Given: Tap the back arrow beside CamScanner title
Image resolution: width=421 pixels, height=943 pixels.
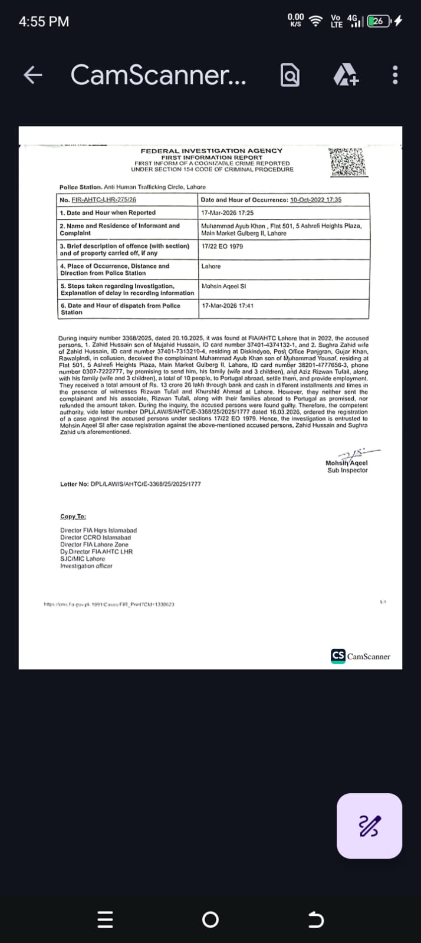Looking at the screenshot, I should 32,75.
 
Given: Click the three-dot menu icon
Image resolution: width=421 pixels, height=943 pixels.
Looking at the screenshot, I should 395,75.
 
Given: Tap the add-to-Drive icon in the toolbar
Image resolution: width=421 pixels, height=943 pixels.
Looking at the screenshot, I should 346,75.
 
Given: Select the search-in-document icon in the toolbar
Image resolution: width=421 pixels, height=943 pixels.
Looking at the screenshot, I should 290,75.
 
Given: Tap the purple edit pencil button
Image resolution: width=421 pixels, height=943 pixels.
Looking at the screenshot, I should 369,826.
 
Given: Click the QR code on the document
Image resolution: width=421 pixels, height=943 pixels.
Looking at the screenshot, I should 348,162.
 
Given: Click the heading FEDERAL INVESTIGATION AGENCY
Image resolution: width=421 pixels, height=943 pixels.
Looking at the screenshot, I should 211,151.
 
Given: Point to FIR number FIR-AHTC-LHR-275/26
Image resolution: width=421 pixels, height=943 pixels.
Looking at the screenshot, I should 104,200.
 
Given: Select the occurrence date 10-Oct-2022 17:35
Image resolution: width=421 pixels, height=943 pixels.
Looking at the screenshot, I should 315,200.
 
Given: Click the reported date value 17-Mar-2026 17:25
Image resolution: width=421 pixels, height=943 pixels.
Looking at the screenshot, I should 228,213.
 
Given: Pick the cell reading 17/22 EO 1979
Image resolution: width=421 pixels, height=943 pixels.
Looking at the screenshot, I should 222,246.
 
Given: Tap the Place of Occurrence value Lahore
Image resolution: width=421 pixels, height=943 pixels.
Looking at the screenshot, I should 211,267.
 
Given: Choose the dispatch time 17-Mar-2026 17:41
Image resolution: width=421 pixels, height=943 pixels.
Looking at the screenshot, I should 228,305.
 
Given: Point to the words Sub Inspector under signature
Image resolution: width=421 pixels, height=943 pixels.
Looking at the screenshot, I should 347,470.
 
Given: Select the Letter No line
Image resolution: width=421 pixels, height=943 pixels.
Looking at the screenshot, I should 130,484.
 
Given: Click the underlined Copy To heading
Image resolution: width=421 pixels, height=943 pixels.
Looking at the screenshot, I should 73,517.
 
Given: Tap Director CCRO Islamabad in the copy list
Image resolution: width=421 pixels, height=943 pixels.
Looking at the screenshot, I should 96,538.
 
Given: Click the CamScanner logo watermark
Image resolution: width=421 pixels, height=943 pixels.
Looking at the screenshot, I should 361,656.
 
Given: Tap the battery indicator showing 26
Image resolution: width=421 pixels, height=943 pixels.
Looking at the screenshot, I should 378,21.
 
